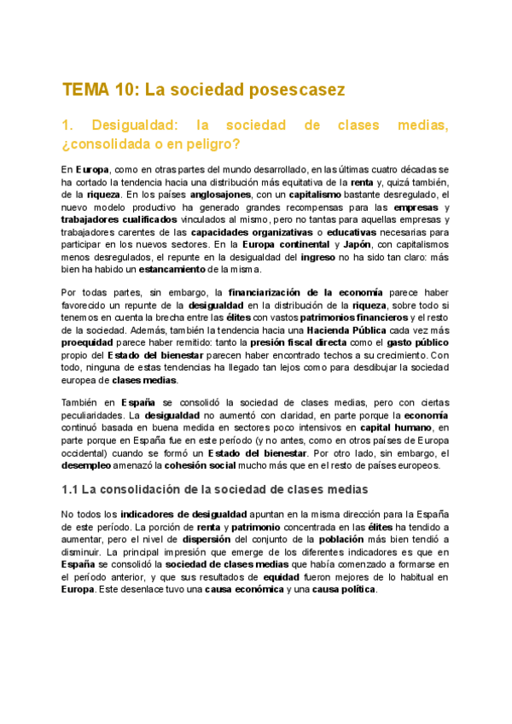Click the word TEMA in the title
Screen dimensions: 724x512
84,90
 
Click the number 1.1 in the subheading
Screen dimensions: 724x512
72,489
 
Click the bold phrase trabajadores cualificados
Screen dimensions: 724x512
119,219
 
